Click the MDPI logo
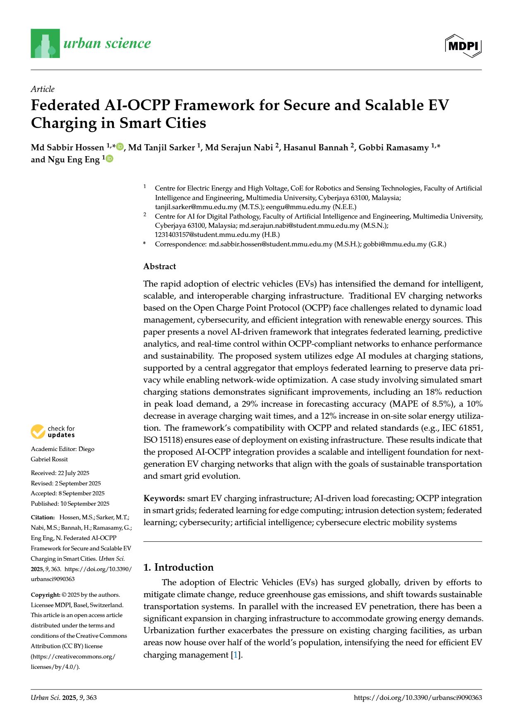click(x=463, y=46)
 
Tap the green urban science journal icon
click(x=45, y=43)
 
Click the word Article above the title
click(x=43, y=89)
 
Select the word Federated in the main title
click(x=65, y=105)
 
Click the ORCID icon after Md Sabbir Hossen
click(x=120, y=147)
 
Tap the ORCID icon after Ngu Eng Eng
click(x=110, y=159)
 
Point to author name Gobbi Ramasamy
click(x=393, y=148)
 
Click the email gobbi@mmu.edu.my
click(x=395, y=244)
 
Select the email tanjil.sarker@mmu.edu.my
click(x=196, y=207)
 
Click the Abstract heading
click(x=160, y=266)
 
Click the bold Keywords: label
click(x=164, y=498)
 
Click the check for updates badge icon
click(x=38, y=432)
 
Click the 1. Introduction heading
click(x=178, y=567)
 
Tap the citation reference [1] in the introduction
click(x=235, y=655)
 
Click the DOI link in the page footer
click(x=417, y=697)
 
